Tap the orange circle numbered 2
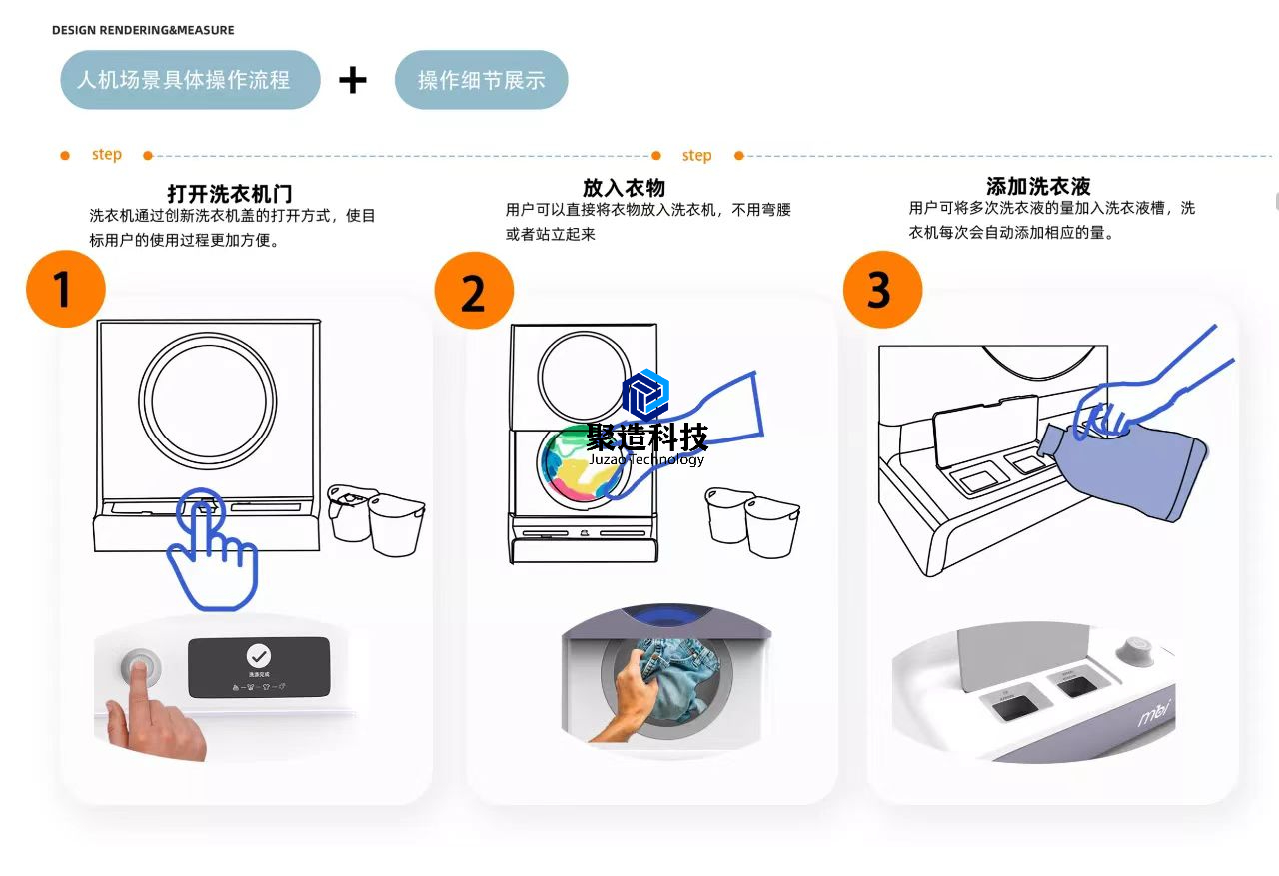473,291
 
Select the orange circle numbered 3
882,290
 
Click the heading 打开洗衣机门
230,193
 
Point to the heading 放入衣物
624,188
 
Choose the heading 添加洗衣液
1037,186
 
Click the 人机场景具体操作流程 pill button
190,80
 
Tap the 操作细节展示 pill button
481,81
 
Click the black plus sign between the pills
353,80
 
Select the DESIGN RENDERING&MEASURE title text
143,30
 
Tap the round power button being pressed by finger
141,668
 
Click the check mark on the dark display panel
259,656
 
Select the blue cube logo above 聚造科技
645,394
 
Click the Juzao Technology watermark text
646,459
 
